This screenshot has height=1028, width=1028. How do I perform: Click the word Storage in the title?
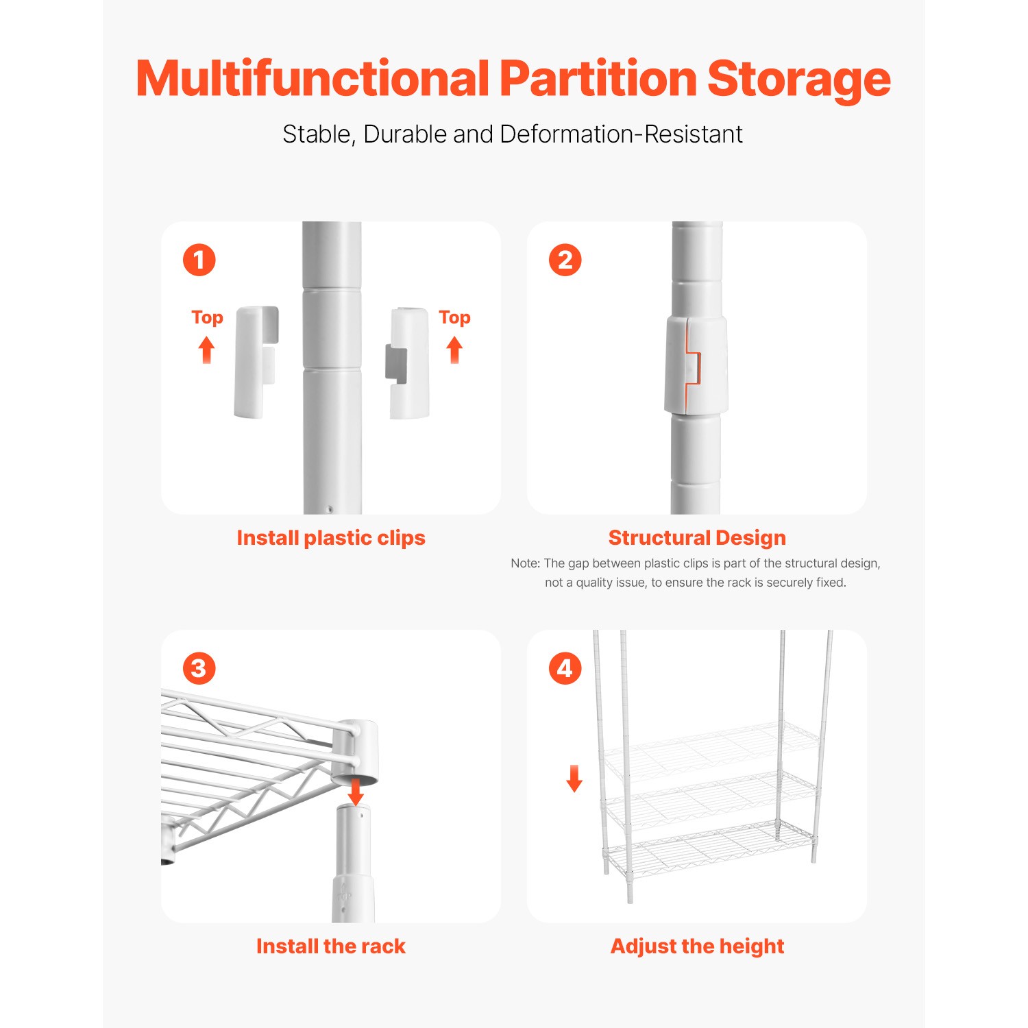pyautogui.click(x=798, y=79)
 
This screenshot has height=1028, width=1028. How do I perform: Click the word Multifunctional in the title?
pyautogui.click(x=312, y=78)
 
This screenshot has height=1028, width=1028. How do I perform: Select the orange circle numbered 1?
pyautogui.click(x=199, y=260)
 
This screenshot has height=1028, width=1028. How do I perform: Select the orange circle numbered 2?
pyautogui.click(x=565, y=260)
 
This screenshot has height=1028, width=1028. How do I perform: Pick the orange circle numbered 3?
pyautogui.click(x=199, y=668)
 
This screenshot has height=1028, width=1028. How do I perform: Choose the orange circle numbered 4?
pyautogui.click(x=565, y=668)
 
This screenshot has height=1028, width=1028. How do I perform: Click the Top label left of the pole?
pyautogui.click(x=207, y=318)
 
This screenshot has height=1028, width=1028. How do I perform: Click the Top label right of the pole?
pyautogui.click(x=454, y=318)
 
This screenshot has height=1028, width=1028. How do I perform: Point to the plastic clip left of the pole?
pyautogui.click(x=255, y=362)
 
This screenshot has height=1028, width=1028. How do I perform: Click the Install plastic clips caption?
pyautogui.click(x=331, y=538)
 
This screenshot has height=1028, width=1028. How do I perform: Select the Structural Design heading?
pyautogui.click(x=697, y=538)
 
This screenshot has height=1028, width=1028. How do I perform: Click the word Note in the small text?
pyautogui.click(x=525, y=563)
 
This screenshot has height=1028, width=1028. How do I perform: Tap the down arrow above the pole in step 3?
pyautogui.click(x=356, y=792)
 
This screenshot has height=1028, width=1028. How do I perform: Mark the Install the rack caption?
pyautogui.click(x=331, y=946)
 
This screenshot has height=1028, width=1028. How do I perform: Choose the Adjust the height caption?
pyautogui.click(x=697, y=946)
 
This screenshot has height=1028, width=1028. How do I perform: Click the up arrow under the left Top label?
pyautogui.click(x=206, y=350)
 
